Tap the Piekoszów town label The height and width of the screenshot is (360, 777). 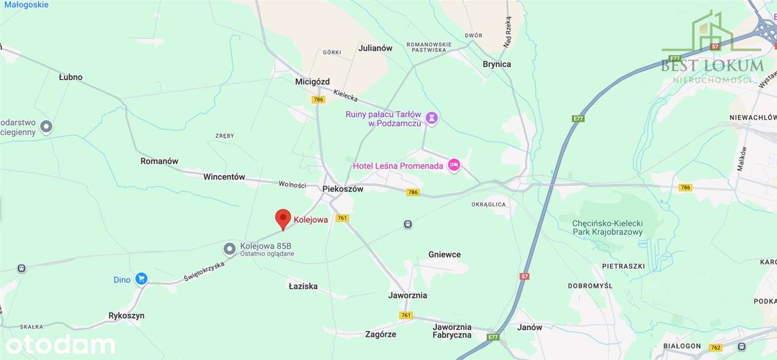(x=342, y=189)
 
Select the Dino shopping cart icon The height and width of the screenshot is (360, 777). (x=141, y=279)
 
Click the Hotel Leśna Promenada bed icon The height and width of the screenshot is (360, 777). (x=453, y=165)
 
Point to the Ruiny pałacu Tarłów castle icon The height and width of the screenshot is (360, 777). (x=431, y=118)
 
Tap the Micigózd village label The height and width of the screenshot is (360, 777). (x=312, y=81)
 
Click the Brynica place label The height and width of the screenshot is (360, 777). (x=497, y=64)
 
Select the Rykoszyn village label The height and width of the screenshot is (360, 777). (x=126, y=316)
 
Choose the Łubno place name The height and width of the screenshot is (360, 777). (x=70, y=77)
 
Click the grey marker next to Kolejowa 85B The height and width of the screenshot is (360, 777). (x=229, y=248)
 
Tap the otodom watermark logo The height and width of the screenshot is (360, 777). (x=60, y=344)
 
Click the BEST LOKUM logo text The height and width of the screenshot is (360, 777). (x=712, y=65)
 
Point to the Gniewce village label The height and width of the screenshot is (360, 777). (x=444, y=254)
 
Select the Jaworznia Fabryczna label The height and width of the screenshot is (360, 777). (x=452, y=331)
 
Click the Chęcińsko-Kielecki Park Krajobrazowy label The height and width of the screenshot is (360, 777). (x=607, y=228)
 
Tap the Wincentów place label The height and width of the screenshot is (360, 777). (x=224, y=177)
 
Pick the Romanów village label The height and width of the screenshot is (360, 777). (x=159, y=161)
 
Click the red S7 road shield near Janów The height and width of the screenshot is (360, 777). (x=524, y=276)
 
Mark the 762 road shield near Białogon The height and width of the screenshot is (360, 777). (x=715, y=348)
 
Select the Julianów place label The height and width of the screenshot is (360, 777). (x=375, y=48)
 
